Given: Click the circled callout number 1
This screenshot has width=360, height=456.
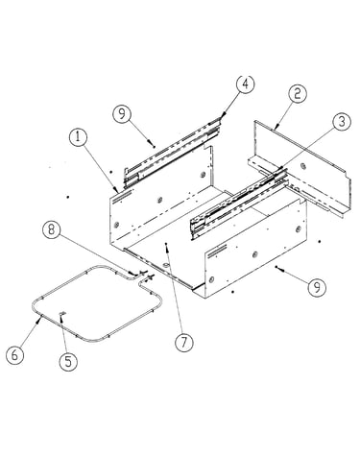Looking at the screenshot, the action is [78, 137].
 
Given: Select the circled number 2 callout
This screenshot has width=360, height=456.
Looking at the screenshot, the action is [298, 94].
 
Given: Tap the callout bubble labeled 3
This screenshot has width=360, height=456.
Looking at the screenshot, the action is [342, 122].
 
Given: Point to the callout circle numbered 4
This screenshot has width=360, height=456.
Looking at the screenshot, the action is [246, 84].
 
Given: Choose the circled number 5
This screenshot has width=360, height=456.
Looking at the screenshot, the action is [68, 362].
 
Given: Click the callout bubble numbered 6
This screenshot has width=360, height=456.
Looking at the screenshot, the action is [15, 355].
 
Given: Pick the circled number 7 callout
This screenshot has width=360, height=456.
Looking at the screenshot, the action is [184, 343].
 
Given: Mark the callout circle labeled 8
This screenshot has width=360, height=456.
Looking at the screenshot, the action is [52, 229].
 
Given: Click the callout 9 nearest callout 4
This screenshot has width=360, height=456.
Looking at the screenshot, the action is [122, 113].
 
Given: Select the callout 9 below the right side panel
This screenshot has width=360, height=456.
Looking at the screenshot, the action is [317, 287].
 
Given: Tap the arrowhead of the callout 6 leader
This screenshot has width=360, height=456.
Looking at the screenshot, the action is [39, 319].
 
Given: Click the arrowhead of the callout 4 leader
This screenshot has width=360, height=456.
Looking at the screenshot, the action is [223, 115].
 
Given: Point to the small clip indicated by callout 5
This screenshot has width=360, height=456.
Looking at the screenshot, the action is [62, 313].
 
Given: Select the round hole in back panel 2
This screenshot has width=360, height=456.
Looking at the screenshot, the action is [302, 165].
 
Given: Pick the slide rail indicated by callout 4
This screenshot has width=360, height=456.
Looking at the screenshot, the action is [172, 152].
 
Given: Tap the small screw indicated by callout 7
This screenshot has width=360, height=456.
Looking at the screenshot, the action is [166, 244].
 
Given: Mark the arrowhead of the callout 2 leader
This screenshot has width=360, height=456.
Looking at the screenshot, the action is [276, 128].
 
